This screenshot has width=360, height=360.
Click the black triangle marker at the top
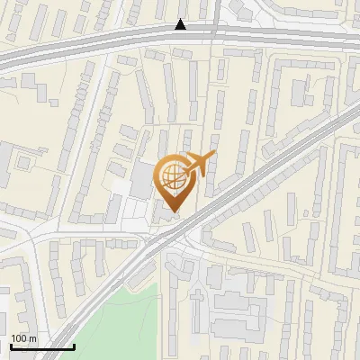(x=181, y=25)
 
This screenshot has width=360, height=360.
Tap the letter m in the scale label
(x=33, y=337)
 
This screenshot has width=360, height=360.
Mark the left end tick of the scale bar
(x=11, y=346)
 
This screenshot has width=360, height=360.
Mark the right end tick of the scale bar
(x=73, y=346)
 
